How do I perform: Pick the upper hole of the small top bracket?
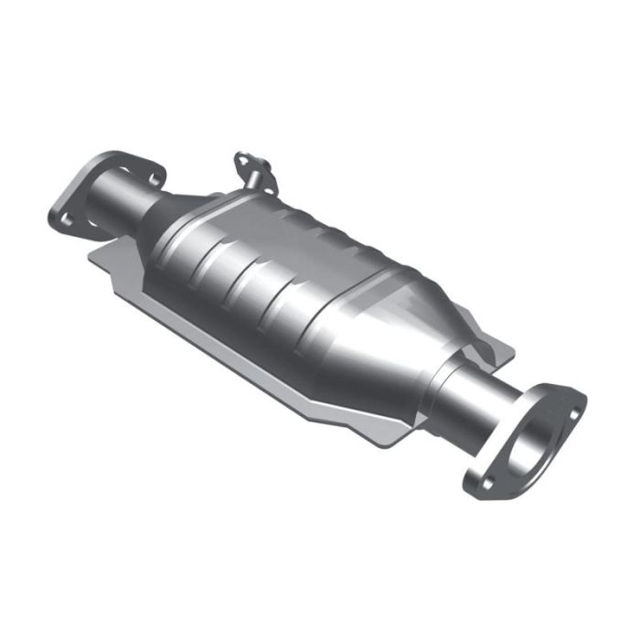click(x=243, y=159)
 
